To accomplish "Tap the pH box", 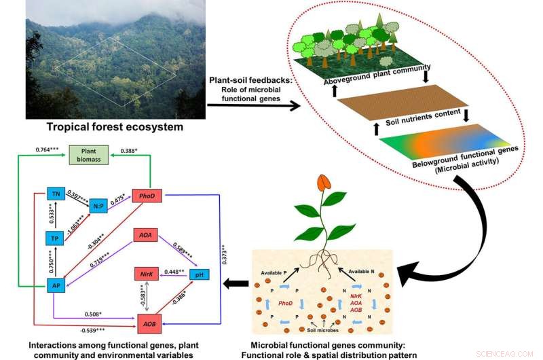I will [x=198, y=275].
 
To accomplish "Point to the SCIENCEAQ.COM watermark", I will [x=509, y=353].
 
